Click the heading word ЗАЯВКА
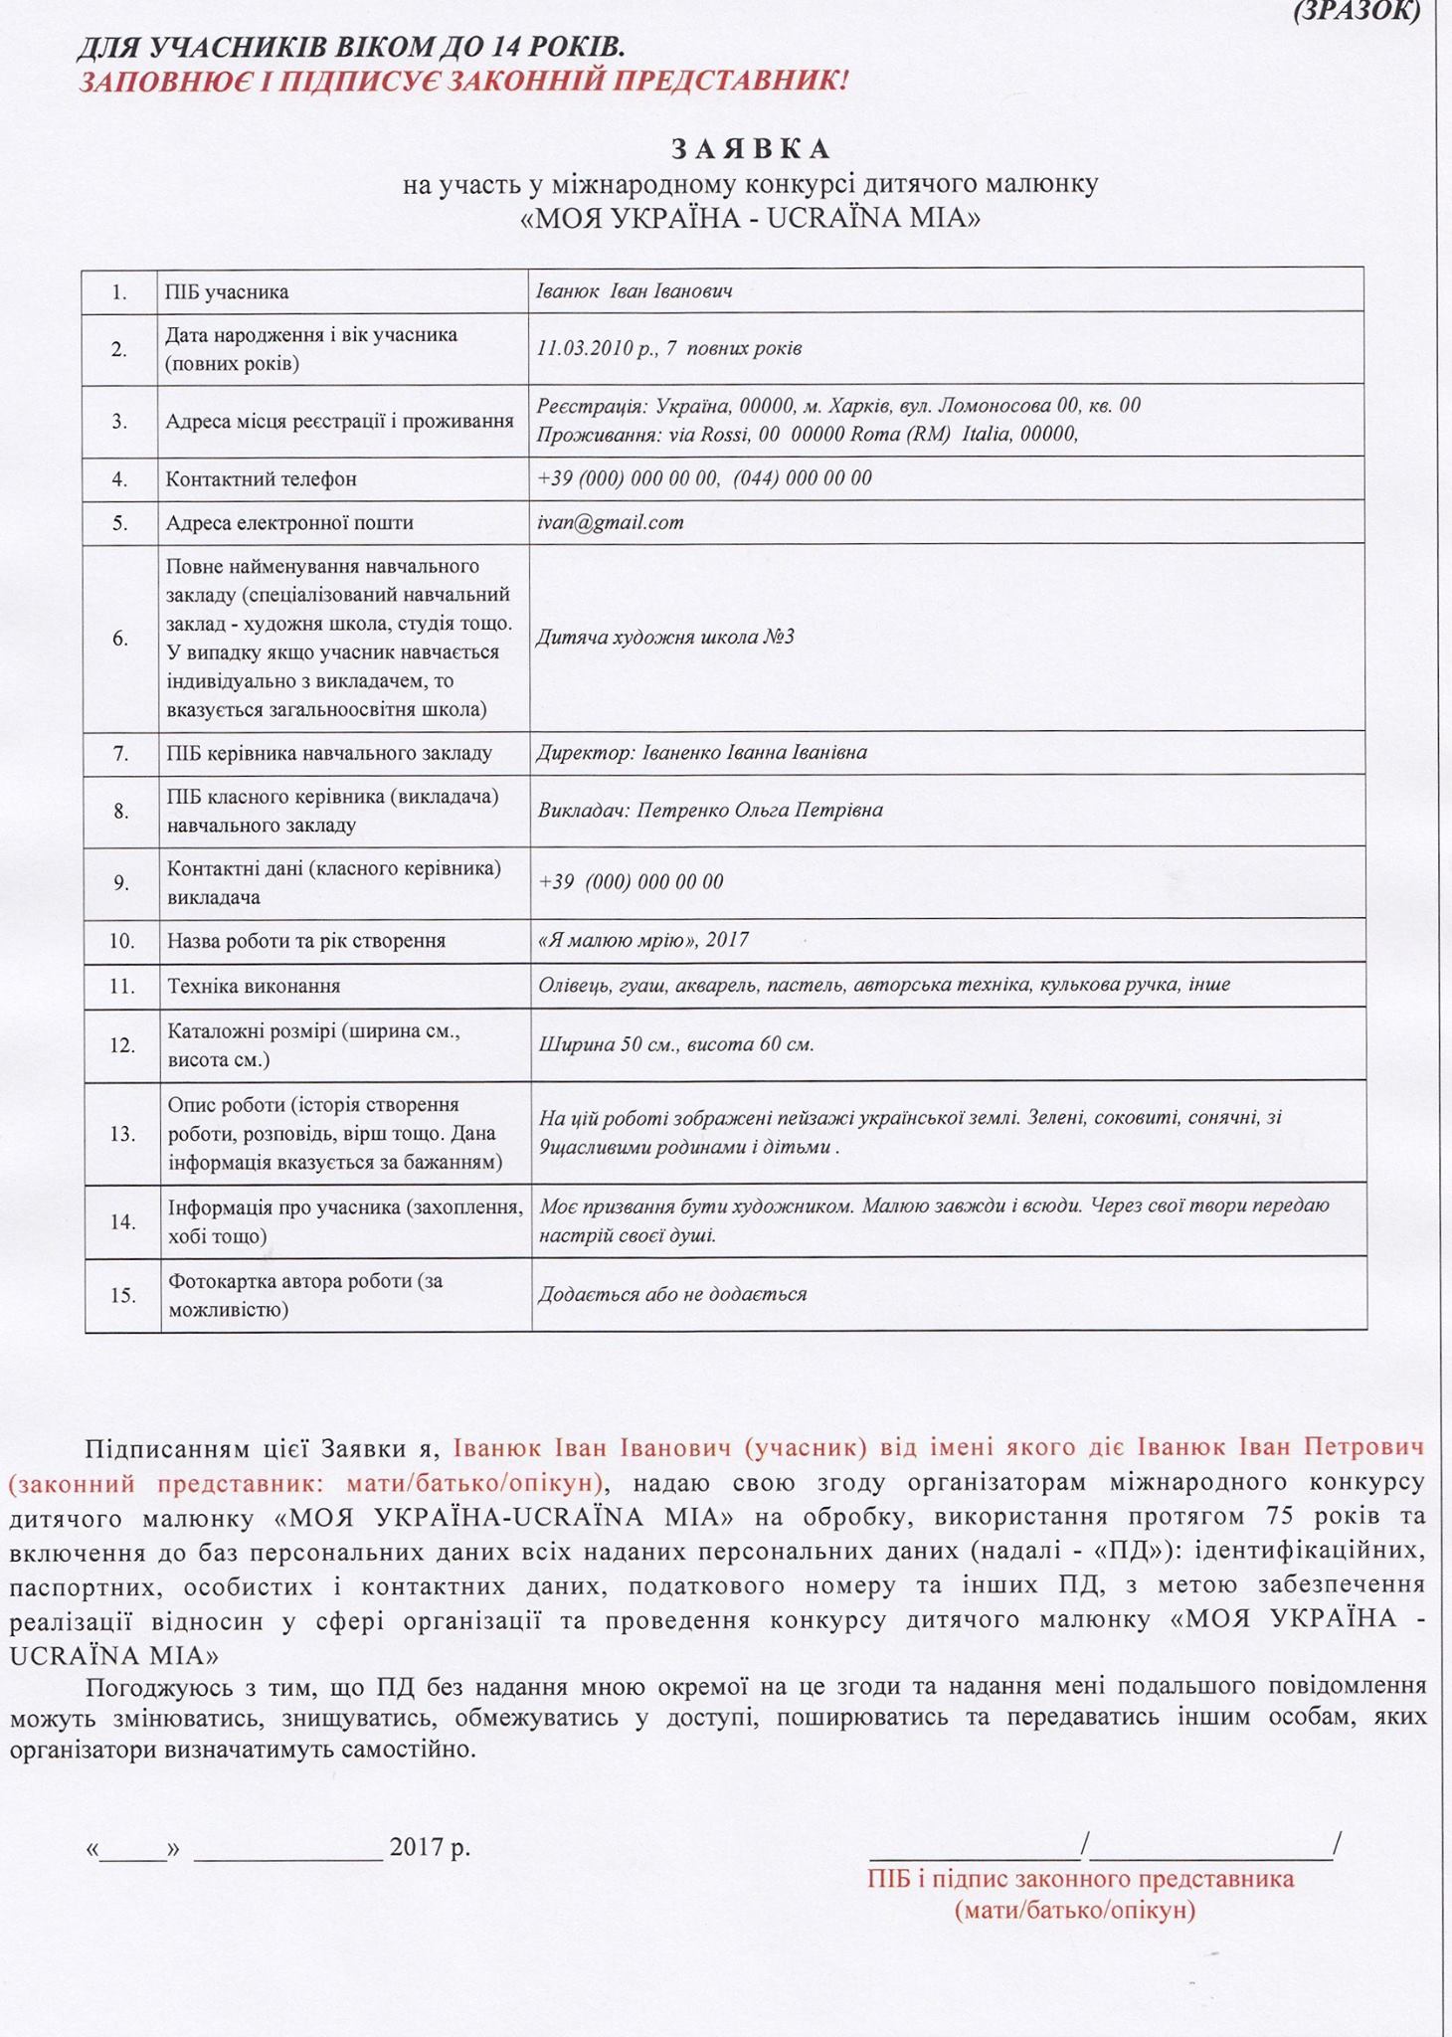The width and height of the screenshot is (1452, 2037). pos(751,149)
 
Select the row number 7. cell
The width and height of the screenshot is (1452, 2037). pos(120,754)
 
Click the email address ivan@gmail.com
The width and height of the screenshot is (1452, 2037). pos(610,522)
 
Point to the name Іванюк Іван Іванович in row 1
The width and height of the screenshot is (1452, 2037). pos(635,291)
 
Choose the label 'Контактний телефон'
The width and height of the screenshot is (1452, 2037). pos(261,479)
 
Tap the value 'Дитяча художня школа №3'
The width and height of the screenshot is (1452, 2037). pos(665,637)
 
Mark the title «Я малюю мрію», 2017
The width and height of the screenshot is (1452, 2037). pos(642,940)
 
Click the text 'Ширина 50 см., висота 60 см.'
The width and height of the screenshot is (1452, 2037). pos(675,1044)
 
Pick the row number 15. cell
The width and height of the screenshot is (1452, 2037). pos(122,1295)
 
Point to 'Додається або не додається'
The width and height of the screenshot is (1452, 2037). pos(672,1294)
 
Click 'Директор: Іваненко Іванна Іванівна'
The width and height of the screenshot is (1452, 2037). pos(701,753)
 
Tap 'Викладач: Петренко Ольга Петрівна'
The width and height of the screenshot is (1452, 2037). pos(710,810)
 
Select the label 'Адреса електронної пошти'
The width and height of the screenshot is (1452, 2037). pos(289,523)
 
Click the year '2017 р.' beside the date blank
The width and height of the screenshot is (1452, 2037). pos(430,1847)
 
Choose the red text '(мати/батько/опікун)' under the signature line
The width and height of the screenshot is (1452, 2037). pos(1074,1910)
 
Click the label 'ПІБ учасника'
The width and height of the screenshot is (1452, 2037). pos(227,292)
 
